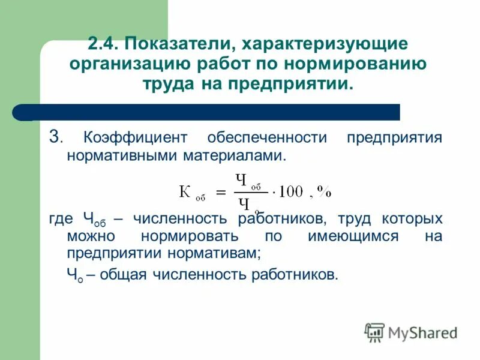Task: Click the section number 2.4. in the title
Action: tap(103, 44)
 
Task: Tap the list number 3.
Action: tap(54, 137)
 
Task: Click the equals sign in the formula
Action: tap(221, 192)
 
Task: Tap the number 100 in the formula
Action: tap(291, 191)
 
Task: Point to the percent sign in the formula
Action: tap(324, 191)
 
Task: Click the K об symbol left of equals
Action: tap(191, 193)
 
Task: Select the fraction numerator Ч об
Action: tap(248, 181)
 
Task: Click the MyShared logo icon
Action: tap(374, 332)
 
